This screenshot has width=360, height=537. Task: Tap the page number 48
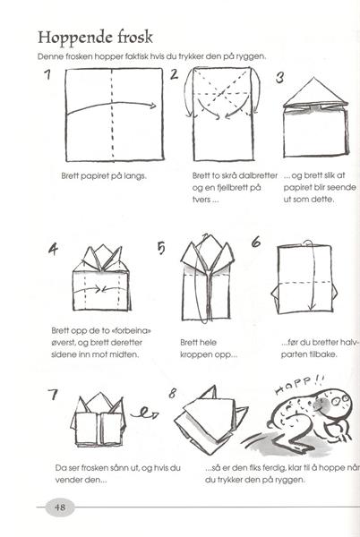point(60,507)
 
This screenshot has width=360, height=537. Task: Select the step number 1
point(48,74)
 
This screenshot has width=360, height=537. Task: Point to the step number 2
point(175,74)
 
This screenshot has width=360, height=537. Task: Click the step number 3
point(279,77)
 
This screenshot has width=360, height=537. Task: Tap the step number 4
point(53,249)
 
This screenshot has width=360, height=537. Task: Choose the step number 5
point(161,248)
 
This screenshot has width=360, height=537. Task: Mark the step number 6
point(256,243)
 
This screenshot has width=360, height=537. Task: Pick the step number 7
point(53,394)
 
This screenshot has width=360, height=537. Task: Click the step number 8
point(172,394)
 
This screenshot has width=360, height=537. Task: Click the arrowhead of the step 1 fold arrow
point(153,106)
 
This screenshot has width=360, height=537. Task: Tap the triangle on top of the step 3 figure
point(315,91)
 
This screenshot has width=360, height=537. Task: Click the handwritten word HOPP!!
point(300,385)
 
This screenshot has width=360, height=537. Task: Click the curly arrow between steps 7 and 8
point(144,413)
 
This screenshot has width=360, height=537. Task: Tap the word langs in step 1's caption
point(135,176)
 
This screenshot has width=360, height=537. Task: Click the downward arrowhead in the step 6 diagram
point(312,305)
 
